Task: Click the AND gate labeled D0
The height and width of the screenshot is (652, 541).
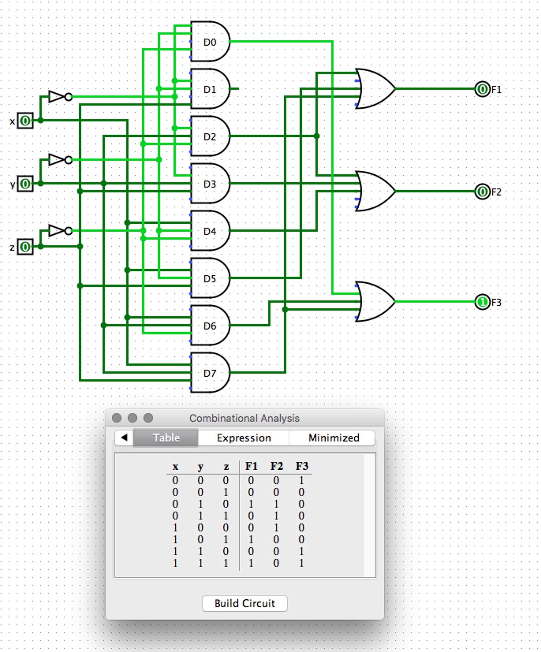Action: (210, 42)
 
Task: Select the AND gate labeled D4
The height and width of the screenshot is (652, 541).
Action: (210, 231)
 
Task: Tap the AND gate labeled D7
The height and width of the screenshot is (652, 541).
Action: (210, 373)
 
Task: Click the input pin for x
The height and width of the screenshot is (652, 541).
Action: (25, 121)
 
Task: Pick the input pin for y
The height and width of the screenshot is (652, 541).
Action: (25, 184)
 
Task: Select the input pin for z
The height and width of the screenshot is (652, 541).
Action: (25, 247)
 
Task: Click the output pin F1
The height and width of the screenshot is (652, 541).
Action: (482, 89)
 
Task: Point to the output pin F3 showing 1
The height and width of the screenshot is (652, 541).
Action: (482, 302)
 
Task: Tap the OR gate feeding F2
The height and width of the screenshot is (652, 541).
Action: (375, 191)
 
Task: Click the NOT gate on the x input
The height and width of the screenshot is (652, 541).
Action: (59, 97)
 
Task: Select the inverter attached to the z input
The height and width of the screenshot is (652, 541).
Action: (59, 231)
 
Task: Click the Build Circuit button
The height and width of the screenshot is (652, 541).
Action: (245, 603)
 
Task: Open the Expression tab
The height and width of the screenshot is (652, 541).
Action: (244, 438)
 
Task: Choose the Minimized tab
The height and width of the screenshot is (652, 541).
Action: (333, 438)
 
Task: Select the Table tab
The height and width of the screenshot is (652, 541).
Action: (166, 438)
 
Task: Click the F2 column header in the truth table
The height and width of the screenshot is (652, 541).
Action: (276, 466)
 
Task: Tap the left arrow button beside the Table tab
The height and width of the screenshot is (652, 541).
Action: (124, 438)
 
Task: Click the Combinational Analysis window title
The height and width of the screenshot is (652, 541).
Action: (244, 418)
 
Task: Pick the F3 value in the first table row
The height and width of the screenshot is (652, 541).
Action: (301, 480)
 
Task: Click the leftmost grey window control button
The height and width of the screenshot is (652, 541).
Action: (117, 418)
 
